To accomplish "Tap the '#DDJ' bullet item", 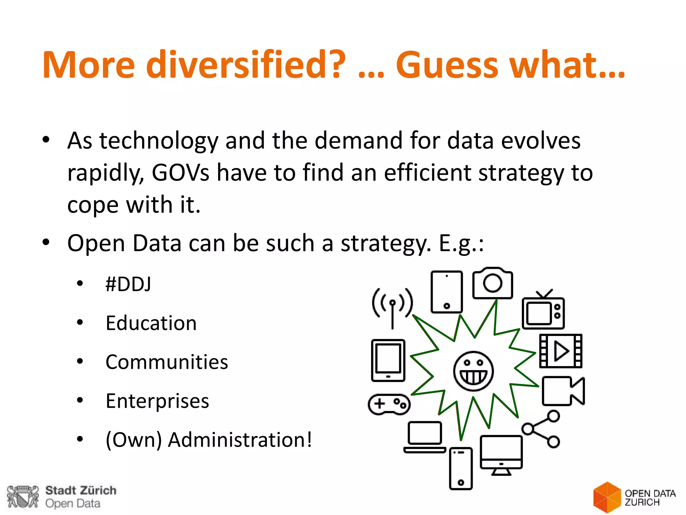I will tap(128, 284).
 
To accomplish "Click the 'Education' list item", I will tap(151, 323).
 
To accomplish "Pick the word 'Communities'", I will tap(167, 362).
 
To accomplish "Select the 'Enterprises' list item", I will tap(157, 401).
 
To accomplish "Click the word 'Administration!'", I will tap(240, 440).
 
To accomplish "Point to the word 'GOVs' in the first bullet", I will tap(180, 173).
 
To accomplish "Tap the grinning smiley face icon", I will tap(473, 371).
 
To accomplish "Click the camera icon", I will tap(492, 283).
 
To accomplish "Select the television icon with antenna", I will tap(543, 310).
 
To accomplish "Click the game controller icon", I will tap(389, 404).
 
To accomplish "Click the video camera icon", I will tap(563, 391).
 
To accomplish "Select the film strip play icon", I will tap(561, 351).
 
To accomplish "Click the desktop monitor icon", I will tap(501, 455).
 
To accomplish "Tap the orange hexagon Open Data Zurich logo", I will tap(607, 497).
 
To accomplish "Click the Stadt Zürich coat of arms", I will tap(23, 497).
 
